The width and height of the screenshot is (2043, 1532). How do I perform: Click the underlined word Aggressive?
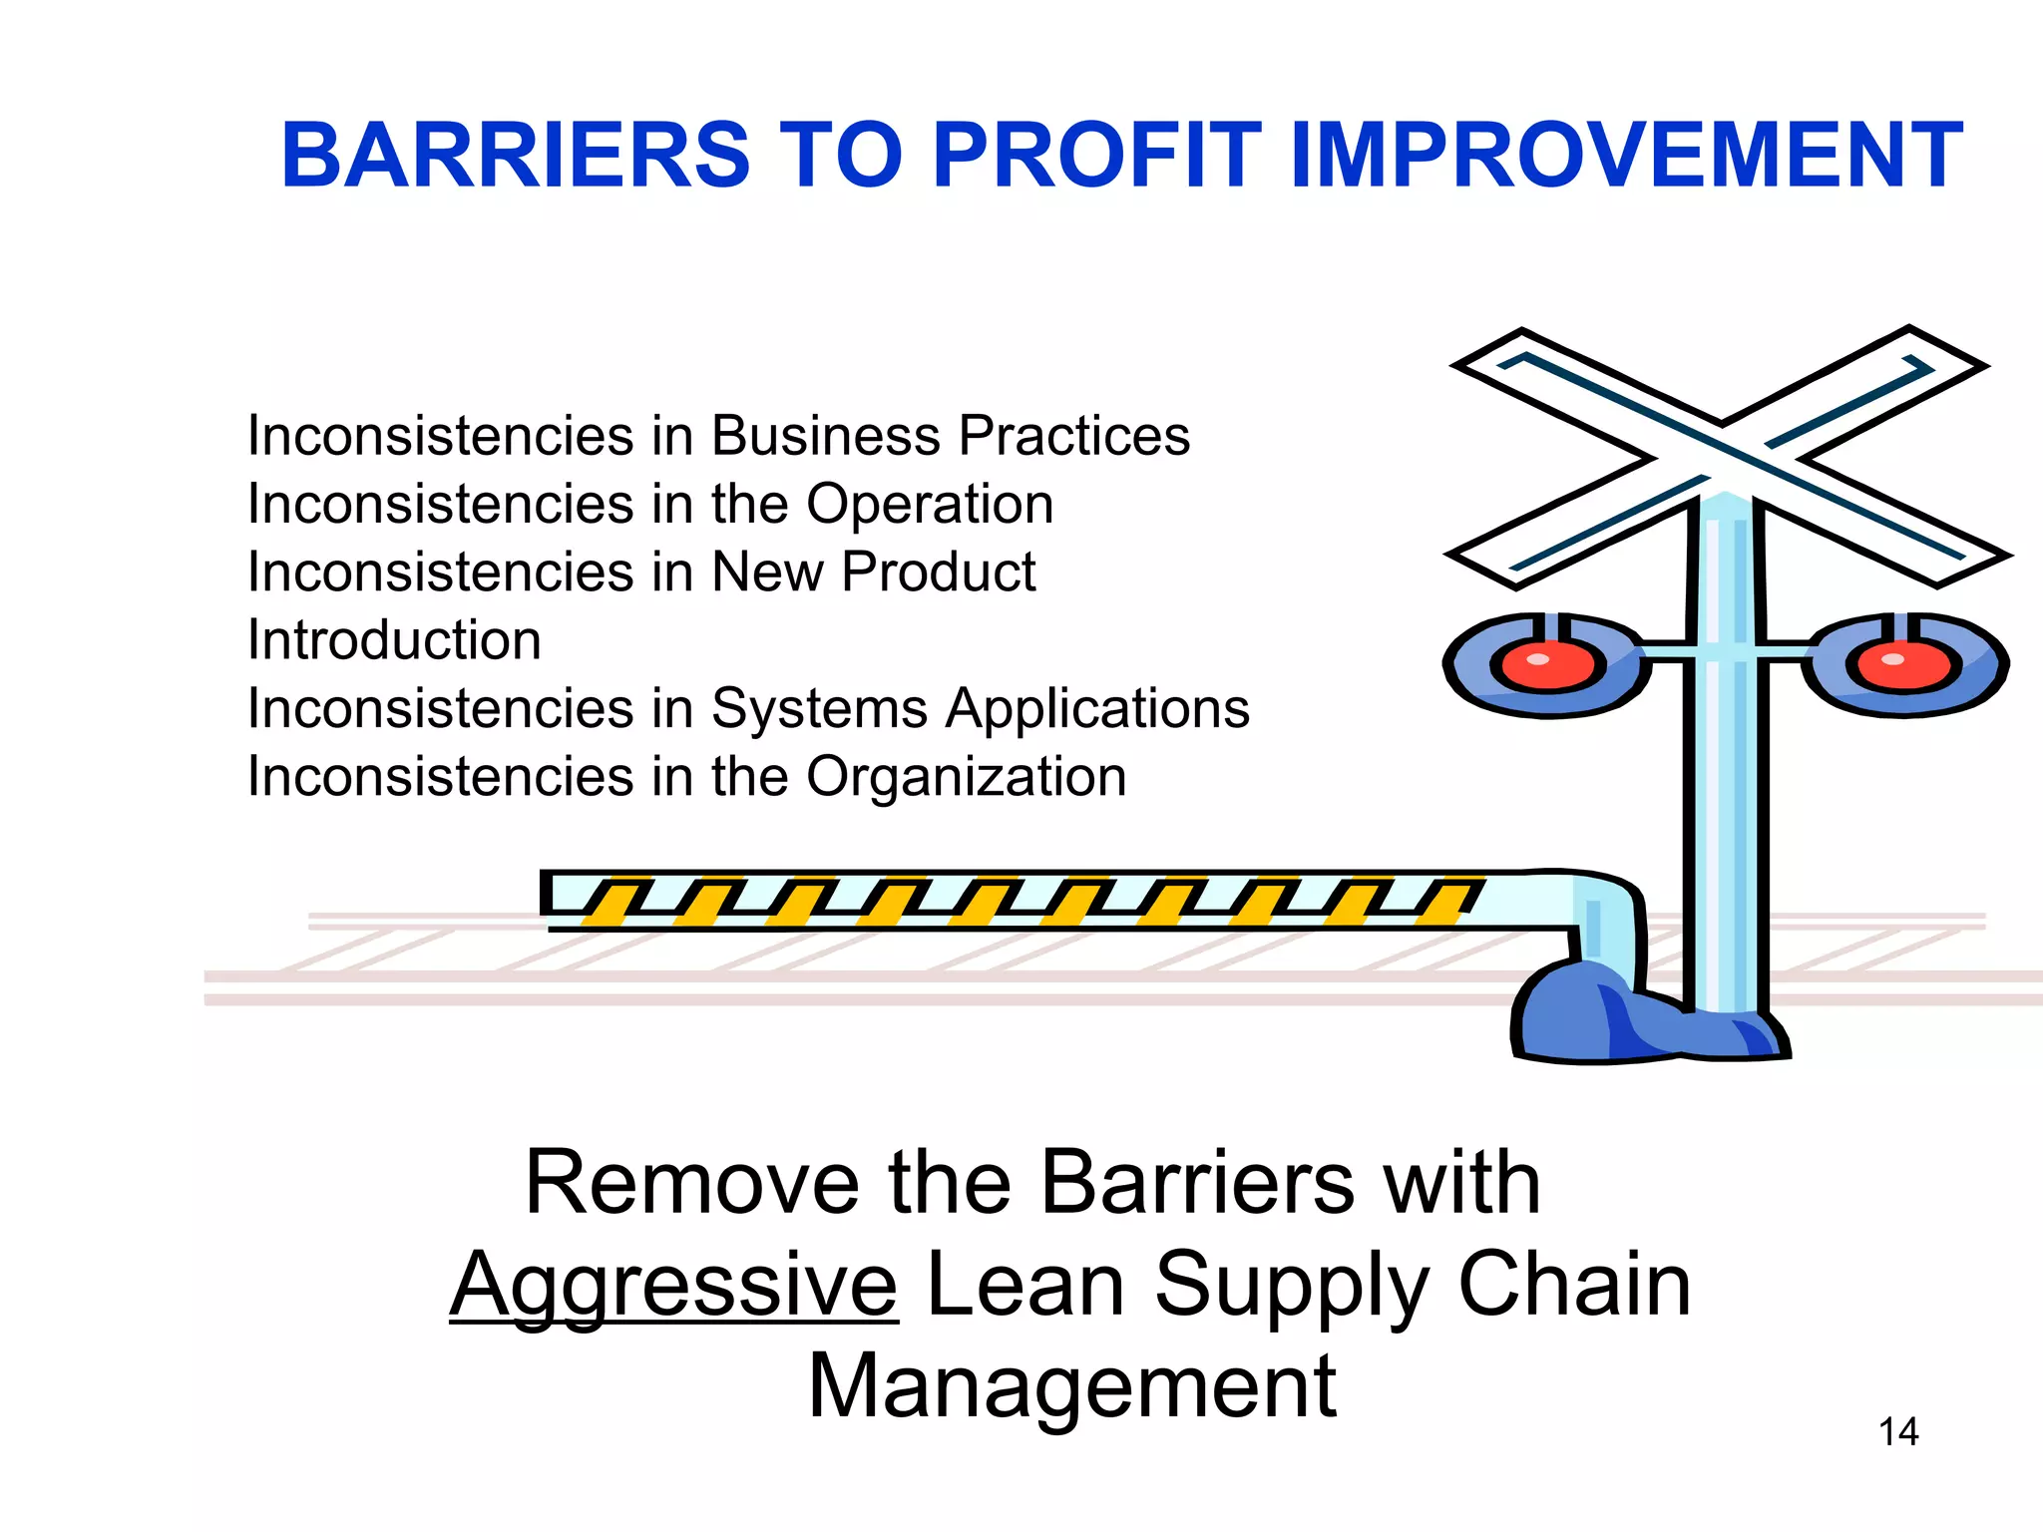point(674,1287)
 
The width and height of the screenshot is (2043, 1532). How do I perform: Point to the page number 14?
point(1898,1432)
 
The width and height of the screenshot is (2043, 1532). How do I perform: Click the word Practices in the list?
point(1073,436)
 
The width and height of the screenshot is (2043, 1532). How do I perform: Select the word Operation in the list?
point(929,504)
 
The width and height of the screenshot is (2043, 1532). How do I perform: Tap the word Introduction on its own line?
point(394,640)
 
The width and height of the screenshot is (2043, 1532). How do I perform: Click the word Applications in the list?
point(1097,709)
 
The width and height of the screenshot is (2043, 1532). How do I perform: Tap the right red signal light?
point(1899,665)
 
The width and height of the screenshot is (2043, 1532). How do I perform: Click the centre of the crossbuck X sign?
point(1725,454)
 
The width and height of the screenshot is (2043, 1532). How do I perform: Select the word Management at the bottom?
point(1071,1386)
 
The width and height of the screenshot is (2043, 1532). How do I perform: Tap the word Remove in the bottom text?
point(691,1183)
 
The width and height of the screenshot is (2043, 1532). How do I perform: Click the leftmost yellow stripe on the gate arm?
point(611,902)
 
